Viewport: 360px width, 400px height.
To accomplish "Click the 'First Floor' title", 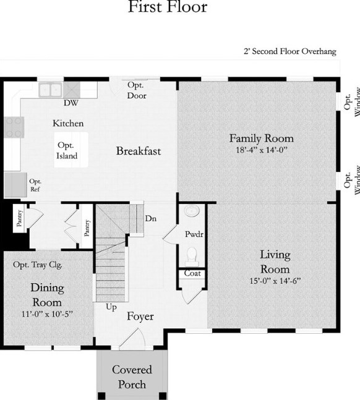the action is [x=168, y=7].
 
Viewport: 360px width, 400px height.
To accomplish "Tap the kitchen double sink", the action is [x=50, y=90].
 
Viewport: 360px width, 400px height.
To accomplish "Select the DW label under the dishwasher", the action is [x=71, y=103].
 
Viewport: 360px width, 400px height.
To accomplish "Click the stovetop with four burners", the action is [x=14, y=127].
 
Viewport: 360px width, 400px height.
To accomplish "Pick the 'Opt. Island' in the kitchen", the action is [x=67, y=150].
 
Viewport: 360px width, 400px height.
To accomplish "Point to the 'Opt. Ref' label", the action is [x=35, y=185].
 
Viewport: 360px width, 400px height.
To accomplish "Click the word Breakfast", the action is [x=139, y=151].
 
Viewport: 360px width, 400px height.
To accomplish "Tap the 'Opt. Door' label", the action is [x=137, y=90].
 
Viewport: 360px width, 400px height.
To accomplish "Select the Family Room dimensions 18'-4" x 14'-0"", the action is [x=262, y=150].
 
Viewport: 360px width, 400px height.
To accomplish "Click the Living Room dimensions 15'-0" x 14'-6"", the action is [x=275, y=281].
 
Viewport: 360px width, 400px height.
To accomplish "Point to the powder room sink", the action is [x=192, y=211].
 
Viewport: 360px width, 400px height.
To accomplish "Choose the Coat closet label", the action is [x=192, y=273].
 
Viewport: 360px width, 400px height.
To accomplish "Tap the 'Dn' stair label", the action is [x=151, y=219].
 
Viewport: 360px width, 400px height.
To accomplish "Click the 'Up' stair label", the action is [x=111, y=307].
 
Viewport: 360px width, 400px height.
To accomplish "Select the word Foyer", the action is [x=140, y=317].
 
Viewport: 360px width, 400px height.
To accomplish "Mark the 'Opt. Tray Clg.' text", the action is [x=38, y=265].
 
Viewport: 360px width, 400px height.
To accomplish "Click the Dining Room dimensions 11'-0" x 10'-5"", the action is [x=47, y=314].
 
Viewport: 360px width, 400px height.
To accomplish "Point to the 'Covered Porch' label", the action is [x=132, y=377].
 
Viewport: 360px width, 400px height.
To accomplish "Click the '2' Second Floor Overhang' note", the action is [x=290, y=51].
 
